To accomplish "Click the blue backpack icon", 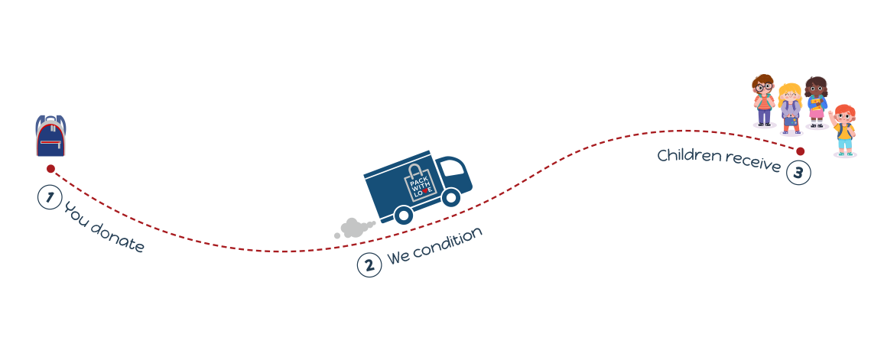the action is coord(50,136).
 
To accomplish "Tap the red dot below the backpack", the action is coord(50,168).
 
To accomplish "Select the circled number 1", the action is coord(49,198).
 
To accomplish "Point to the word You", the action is coord(75,213).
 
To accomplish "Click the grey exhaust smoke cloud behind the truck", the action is coord(354,229).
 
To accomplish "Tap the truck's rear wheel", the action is coord(403,215).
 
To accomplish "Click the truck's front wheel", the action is coord(450,197).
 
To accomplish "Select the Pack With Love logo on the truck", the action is coord(418,181).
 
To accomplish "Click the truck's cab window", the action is coord(452,167).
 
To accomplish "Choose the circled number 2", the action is coord(369,265).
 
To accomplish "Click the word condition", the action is coord(447,244).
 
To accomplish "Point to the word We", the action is coord(398,258).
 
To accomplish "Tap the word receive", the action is coord(752,162).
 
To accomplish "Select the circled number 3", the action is coord(798,173).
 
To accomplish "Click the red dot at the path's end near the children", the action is coord(800,151).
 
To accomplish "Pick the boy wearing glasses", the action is coord(764,100).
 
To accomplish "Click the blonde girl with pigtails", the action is coord(791,109).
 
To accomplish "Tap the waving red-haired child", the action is coord(843,130).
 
